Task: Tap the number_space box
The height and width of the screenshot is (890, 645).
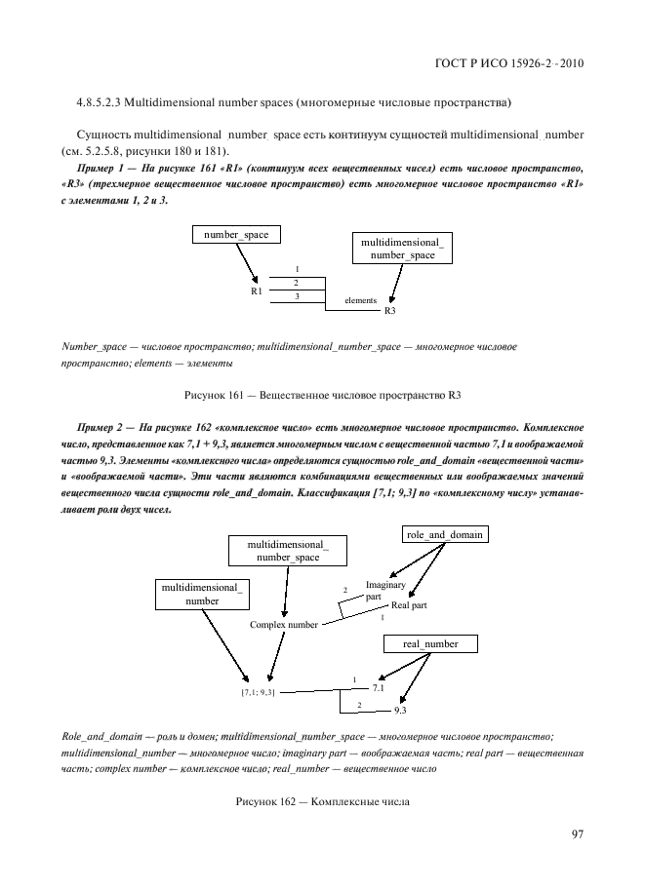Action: (235, 234)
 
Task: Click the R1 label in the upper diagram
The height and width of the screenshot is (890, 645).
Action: (256, 290)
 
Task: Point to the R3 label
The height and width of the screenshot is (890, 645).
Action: (389, 310)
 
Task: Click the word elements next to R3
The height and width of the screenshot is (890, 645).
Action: (361, 300)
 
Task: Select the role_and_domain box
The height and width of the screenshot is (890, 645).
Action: (444, 534)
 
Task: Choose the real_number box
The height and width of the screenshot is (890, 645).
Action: (428, 644)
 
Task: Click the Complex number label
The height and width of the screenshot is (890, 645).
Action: (283, 624)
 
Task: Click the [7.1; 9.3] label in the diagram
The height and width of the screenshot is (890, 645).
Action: (258, 692)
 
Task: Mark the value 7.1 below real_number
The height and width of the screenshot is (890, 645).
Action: (392, 687)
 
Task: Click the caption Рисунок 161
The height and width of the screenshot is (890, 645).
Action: (322, 395)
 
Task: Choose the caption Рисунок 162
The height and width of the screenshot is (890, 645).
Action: (322, 801)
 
